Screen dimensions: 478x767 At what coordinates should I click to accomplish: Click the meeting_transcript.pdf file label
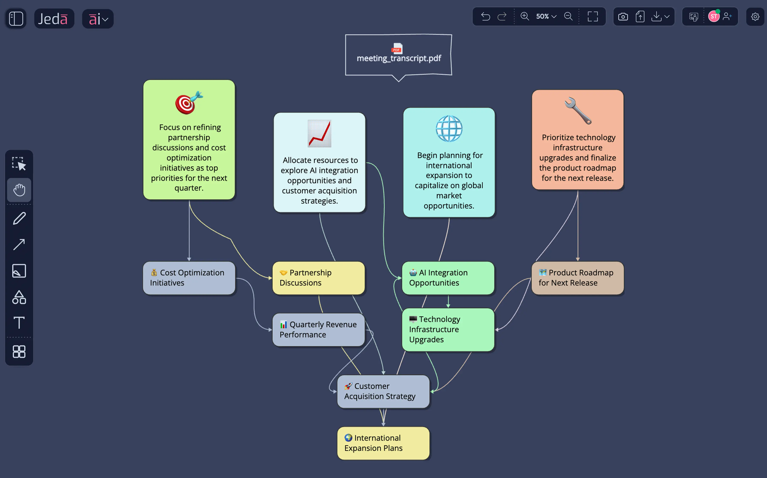[399, 58]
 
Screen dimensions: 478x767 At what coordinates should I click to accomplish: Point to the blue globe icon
[449, 129]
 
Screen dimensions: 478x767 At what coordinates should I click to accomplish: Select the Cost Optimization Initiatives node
[189, 278]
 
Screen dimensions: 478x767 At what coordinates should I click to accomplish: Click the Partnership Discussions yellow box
[319, 278]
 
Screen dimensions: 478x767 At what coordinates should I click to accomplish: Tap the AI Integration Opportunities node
[448, 278]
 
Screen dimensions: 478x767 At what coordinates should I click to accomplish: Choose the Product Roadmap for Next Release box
[577, 278]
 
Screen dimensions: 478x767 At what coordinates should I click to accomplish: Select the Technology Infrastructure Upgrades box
[448, 329]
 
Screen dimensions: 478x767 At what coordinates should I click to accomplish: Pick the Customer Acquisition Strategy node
[383, 391]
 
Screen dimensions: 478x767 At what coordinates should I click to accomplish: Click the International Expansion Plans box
[383, 443]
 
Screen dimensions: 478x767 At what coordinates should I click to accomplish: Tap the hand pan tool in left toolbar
[19, 190]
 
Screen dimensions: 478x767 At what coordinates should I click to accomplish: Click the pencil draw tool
[19, 218]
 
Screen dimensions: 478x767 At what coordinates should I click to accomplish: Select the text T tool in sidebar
[19, 323]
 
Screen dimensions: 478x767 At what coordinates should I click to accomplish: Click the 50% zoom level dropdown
[546, 16]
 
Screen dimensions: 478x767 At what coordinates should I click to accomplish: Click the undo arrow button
[485, 16]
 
